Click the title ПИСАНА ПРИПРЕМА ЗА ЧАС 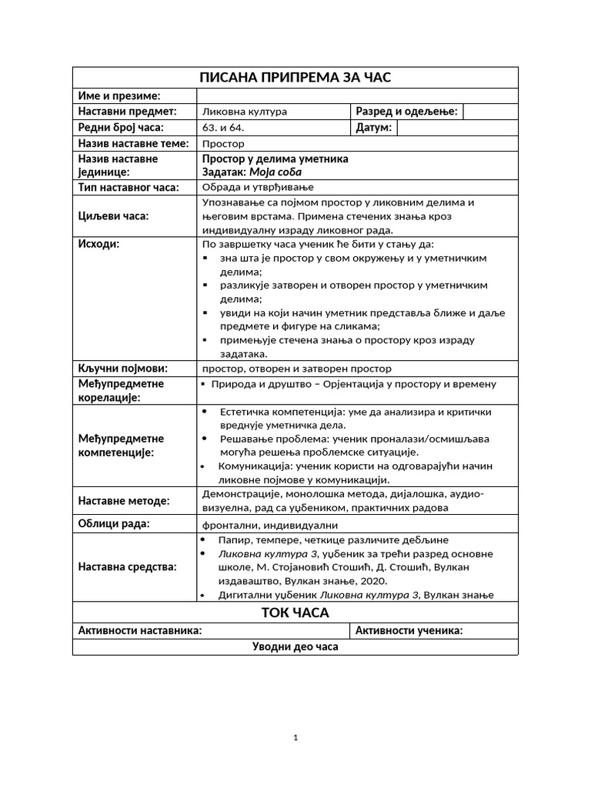tap(295, 78)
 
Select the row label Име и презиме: tap(119, 95)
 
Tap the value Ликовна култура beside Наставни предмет tap(244, 112)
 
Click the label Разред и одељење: tap(407, 112)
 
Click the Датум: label tap(374, 128)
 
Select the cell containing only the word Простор tap(223, 144)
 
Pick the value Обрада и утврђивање tap(258, 187)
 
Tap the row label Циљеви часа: tap(113, 216)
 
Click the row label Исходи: tap(99, 244)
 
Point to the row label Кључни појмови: tap(122, 368)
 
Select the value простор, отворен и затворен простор tap(296, 369)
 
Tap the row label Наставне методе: tap(123, 501)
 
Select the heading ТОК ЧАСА tap(295, 613)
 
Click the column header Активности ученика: tap(409, 631)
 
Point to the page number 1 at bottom tap(295, 738)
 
